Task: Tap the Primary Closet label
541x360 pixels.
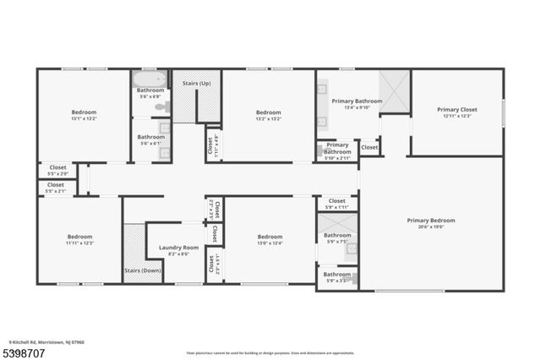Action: click(x=457, y=109)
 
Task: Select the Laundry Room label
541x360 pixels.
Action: click(x=178, y=248)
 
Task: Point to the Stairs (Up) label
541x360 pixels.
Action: click(x=198, y=83)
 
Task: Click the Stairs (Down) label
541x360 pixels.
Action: click(x=142, y=270)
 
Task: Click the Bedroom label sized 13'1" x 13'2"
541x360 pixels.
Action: click(x=84, y=112)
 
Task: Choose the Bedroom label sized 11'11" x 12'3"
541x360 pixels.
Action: click(x=80, y=237)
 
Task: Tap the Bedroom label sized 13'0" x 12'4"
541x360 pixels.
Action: click(x=270, y=237)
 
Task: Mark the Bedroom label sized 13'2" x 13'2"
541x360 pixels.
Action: click(x=269, y=112)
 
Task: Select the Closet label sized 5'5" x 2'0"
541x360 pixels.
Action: click(x=57, y=168)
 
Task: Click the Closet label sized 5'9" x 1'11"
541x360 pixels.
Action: click(x=336, y=200)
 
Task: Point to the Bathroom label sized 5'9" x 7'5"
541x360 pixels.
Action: click(x=337, y=235)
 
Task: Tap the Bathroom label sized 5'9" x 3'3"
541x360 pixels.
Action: click(x=337, y=274)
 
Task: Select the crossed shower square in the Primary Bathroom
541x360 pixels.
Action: click(x=394, y=86)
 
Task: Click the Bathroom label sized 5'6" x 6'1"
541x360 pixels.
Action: click(x=151, y=137)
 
